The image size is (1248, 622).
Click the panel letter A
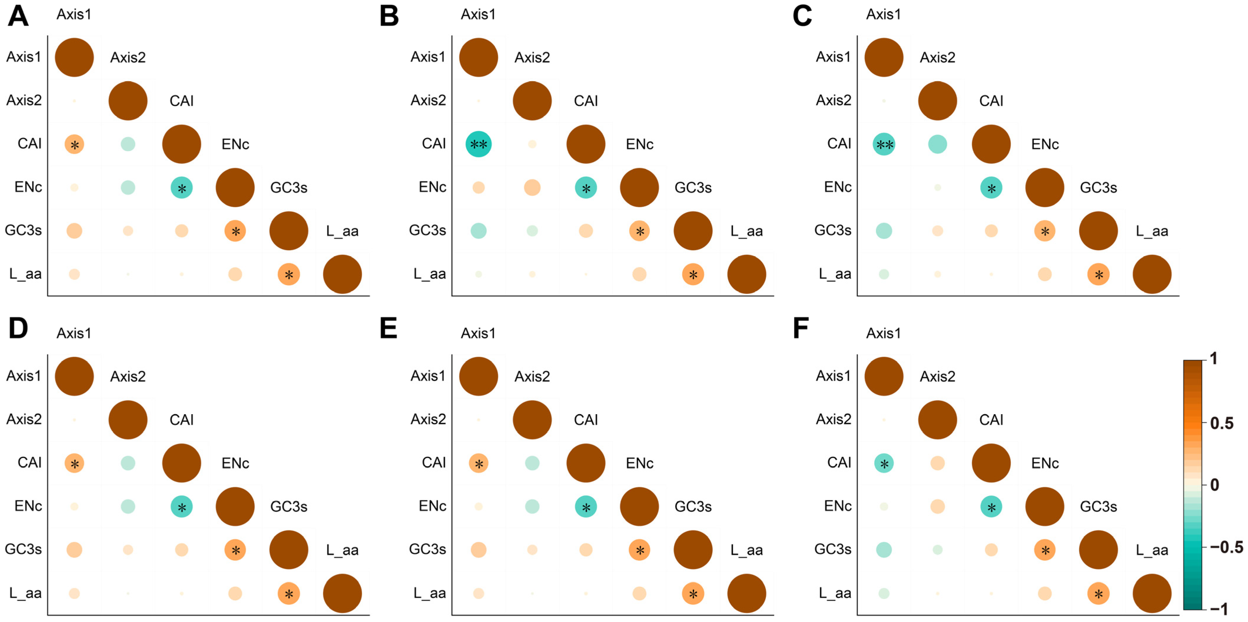19,16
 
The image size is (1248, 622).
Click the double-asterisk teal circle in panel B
479,144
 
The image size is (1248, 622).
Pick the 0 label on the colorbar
1214,485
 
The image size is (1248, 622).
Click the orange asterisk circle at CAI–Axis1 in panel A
74,144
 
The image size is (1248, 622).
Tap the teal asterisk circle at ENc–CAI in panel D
182,507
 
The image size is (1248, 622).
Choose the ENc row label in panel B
432,187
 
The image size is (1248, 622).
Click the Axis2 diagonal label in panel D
128,376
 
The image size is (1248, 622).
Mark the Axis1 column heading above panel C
883,14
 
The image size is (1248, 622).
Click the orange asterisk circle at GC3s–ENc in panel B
640,230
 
